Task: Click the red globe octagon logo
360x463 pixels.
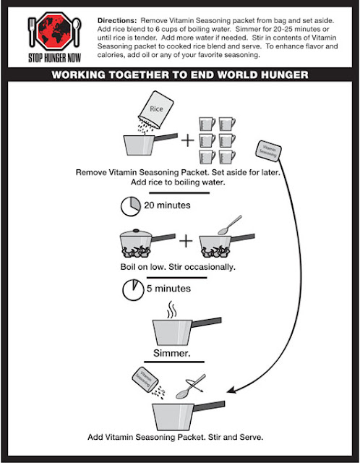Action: [54, 31]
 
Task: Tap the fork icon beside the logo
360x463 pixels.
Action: [32, 32]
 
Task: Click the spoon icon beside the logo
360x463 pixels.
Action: [77, 32]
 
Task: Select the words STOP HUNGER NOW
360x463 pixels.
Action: [55, 58]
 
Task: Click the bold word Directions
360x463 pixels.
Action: [117, 21]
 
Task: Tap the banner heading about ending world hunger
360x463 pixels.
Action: [180, 75]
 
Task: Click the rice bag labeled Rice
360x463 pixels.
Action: [156, 109]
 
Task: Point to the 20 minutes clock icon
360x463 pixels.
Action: [131, 206]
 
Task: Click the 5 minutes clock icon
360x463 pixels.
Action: [133, 289]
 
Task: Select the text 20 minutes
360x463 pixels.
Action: [167, 205]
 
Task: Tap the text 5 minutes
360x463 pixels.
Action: [168, 289]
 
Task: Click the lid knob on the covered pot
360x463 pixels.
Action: [136, 230]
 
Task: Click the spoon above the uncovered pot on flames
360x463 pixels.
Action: [230, 225]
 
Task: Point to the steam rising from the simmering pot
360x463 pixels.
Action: [171, 310]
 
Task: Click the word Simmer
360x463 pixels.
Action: [172, 353]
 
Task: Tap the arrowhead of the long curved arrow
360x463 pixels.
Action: [231, 390]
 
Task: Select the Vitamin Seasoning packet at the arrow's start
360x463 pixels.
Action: [268, 151]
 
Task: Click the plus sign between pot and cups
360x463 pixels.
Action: [188, 140]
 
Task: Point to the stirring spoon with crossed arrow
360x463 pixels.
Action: [191, 386]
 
